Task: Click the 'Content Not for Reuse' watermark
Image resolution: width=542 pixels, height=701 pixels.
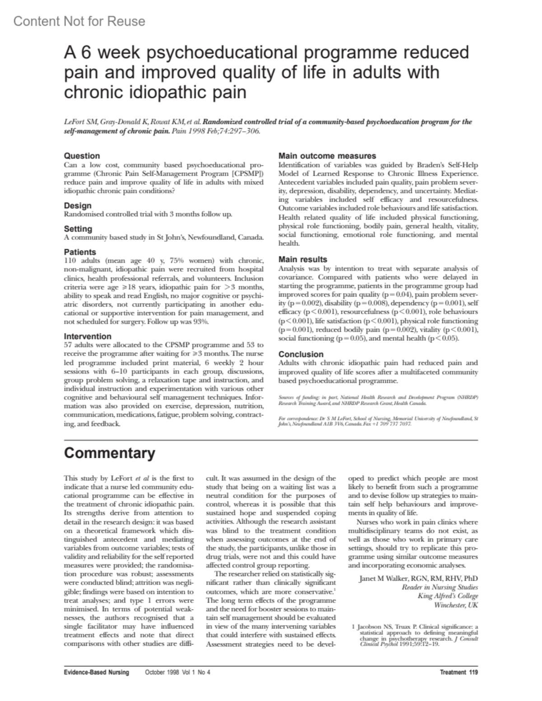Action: pyautogui.click(x=79, y=21)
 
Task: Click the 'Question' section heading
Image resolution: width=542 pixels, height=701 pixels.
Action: pyautogui.click(x=82, y=156)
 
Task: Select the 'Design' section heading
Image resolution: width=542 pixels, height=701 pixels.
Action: pyautogui.click(x=78, y=206)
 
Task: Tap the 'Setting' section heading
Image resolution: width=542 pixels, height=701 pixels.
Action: pyautogui.click(x=78, y=229)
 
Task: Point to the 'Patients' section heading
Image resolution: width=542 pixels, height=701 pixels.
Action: pyautogui.click(x=80, y=252)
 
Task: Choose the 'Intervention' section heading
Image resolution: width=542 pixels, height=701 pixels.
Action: pyautogui.click(x=88, y=336)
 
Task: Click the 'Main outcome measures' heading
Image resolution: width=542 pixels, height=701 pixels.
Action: pyautogui.click(x=327, y=156)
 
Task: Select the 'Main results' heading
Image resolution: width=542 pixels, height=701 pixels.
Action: pyautogui.click(x=303, y=260)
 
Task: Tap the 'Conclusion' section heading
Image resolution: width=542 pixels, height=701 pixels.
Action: pyautogui.click(x=301, y=354)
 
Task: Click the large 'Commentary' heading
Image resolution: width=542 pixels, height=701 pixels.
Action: pyautogui.click(x=109, y=453)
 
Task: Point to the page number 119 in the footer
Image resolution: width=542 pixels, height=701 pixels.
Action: pyautogui.click(x=473, y=672)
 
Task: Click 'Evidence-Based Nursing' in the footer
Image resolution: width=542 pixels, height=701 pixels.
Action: pyautogui.click(x=96, y=672)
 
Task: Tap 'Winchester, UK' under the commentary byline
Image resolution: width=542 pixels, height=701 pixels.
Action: pyautogui.click(x=456, y=605)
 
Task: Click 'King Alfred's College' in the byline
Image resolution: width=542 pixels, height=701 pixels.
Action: pyautogui.click(x=448, y=596)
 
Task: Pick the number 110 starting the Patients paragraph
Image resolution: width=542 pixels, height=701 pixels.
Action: pyautogui.click(x=70, y=261)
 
